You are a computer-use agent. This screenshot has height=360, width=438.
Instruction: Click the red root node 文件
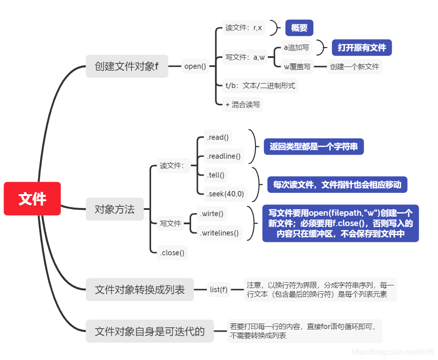pos(32,199)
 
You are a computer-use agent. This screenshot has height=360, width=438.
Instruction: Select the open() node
pos(195,66)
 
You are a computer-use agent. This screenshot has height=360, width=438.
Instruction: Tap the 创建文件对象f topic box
pos(127,66)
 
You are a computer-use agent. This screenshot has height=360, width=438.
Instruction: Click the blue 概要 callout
pos(299,28)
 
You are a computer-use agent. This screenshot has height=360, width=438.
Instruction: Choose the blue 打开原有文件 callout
pos(362,48)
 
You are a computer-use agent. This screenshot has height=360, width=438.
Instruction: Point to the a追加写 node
pos(296,48)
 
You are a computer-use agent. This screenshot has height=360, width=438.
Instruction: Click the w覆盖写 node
pos(297,67)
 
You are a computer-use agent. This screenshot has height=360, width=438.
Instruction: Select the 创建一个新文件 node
pos(354,67)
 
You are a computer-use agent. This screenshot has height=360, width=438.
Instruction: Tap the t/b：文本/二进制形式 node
pos(260,85)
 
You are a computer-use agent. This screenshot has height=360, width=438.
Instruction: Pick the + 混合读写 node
pos(242,105)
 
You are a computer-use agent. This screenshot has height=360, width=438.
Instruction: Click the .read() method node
pos(216,138)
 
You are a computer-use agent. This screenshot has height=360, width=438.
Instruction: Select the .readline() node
pos(223,157)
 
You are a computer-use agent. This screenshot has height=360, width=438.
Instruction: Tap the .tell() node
pos(215,175)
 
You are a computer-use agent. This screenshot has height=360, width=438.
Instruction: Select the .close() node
pos(172,253)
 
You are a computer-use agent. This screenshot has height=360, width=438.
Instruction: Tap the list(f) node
pos(219,289)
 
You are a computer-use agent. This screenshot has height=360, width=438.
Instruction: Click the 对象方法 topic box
pos(114,209)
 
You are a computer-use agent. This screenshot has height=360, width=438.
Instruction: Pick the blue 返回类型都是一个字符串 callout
pos(313,147)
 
